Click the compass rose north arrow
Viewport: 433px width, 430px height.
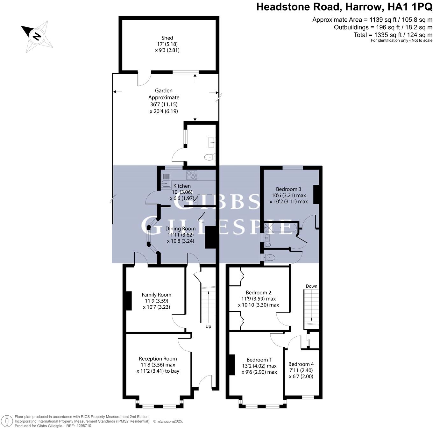click(x=37, y=36)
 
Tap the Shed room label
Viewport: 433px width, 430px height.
click(x=167, y=38)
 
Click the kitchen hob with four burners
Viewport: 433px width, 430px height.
click(x=192, y=175)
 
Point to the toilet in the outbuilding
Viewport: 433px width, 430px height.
click(x=209, y=157)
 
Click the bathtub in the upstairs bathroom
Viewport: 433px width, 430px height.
click(x=280, y=228)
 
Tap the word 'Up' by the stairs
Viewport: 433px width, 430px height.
click(x=208, y=326)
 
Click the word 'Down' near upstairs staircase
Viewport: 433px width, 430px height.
click(x=311, y=286)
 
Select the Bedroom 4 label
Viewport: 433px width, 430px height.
click(x=301, y=364)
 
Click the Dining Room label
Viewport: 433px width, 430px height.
click(x=180, y=229)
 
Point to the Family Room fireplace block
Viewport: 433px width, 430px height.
click(x=129, y=301)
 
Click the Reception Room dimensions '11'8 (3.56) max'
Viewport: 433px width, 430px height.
click(x=158, y=365)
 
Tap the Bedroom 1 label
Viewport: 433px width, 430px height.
click(x=259, y=360)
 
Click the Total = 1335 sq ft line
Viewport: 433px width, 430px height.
click(x=393, y=35)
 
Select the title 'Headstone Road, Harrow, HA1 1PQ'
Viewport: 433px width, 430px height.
click(x=344, y=7)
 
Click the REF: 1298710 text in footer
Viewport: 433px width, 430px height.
click(x=78, y=426)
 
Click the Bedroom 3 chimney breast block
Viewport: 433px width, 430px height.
click(x=316, y=194)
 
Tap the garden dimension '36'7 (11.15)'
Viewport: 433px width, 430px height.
click(x=164, y=104)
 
